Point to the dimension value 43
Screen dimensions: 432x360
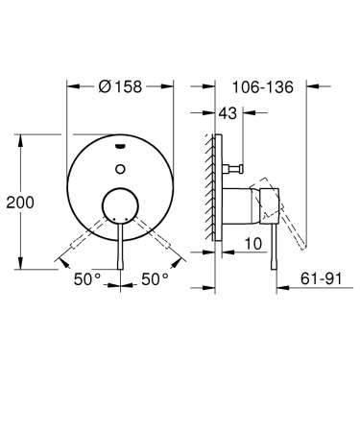coord(228,113)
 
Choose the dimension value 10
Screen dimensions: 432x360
coord(252,245)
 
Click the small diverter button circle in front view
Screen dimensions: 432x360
coord(119,168)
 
